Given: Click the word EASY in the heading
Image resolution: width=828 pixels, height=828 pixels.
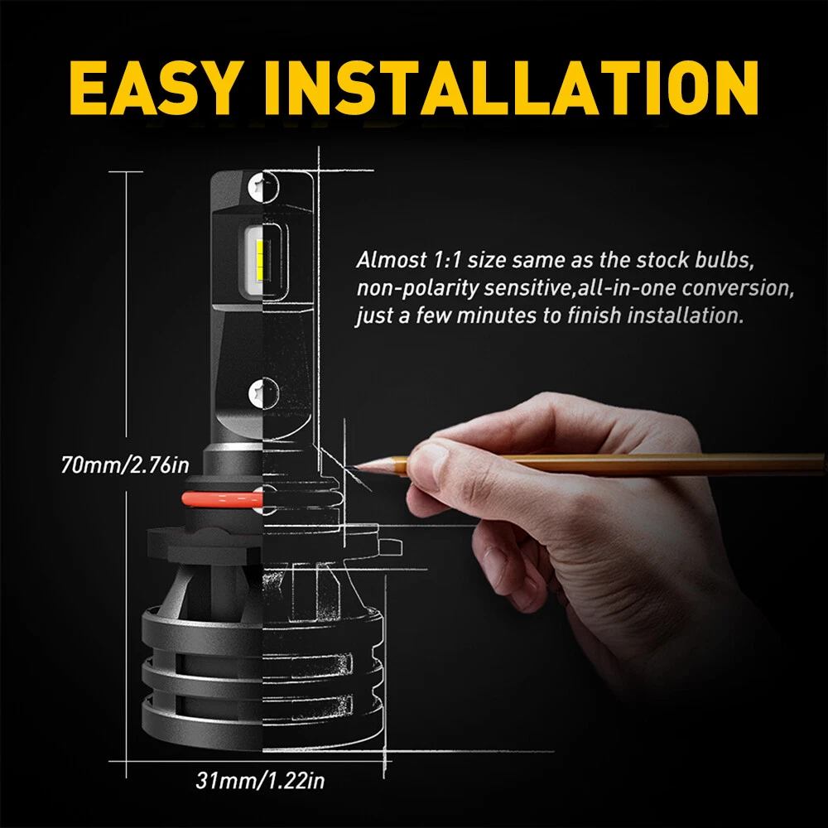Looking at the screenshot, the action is click(x=153, y=88).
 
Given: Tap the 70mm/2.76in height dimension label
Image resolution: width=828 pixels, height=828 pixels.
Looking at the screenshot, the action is click(x=125, y=465).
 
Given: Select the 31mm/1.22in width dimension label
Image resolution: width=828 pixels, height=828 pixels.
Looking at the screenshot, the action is click(x=260, y=781).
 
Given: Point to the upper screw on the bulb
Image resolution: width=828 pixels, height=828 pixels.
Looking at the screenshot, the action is click(x=262, y=186).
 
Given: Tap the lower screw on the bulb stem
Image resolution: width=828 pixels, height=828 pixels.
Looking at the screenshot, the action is click(x=263, y=393).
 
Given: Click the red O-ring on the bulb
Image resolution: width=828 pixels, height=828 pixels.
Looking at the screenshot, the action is click(x=222, y=498).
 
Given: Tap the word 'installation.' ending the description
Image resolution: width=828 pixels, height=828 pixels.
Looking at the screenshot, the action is click(x=686, y=315).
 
